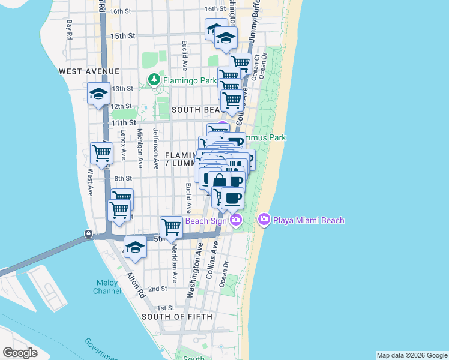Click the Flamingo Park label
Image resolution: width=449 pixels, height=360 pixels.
click(189, 80)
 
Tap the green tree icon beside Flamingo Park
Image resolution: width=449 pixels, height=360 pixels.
click(154, 80)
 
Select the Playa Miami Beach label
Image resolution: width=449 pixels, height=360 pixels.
click(309, 220)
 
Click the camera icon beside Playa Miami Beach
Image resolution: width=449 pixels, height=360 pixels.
click(264, 220)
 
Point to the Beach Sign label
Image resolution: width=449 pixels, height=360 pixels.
click(205, 221)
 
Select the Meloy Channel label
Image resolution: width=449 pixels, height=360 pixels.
click(107, 287)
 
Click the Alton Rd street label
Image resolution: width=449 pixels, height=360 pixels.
click(134, 287)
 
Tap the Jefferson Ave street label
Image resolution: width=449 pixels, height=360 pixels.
click(155, 148)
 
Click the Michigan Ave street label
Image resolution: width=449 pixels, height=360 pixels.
click(140, 148)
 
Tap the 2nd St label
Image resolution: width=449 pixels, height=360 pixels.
click(157, 289)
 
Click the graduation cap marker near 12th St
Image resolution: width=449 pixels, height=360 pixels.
click(98, 94)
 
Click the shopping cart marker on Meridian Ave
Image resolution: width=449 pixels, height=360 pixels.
click(172, 227)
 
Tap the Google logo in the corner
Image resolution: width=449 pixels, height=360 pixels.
click(20, 353)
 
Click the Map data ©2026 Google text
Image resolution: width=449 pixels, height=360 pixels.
click(412, 355)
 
